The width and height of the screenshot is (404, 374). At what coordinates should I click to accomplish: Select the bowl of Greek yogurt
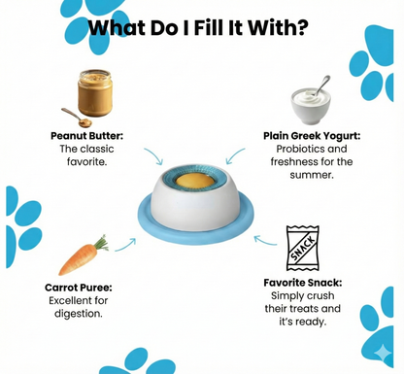311,104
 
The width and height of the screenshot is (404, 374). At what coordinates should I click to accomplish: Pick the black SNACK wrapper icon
303,249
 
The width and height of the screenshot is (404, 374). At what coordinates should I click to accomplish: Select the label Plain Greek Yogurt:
311,136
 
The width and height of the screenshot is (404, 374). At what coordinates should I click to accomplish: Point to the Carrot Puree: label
78,288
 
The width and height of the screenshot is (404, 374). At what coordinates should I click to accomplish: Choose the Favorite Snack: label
302,283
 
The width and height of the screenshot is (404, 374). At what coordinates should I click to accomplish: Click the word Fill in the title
212,27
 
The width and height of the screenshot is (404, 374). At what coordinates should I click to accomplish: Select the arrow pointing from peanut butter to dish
153,156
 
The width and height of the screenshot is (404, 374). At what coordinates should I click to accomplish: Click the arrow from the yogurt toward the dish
235,155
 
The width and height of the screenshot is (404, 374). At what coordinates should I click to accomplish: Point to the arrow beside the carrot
124,245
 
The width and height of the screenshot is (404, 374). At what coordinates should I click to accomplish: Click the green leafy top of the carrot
102,240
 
